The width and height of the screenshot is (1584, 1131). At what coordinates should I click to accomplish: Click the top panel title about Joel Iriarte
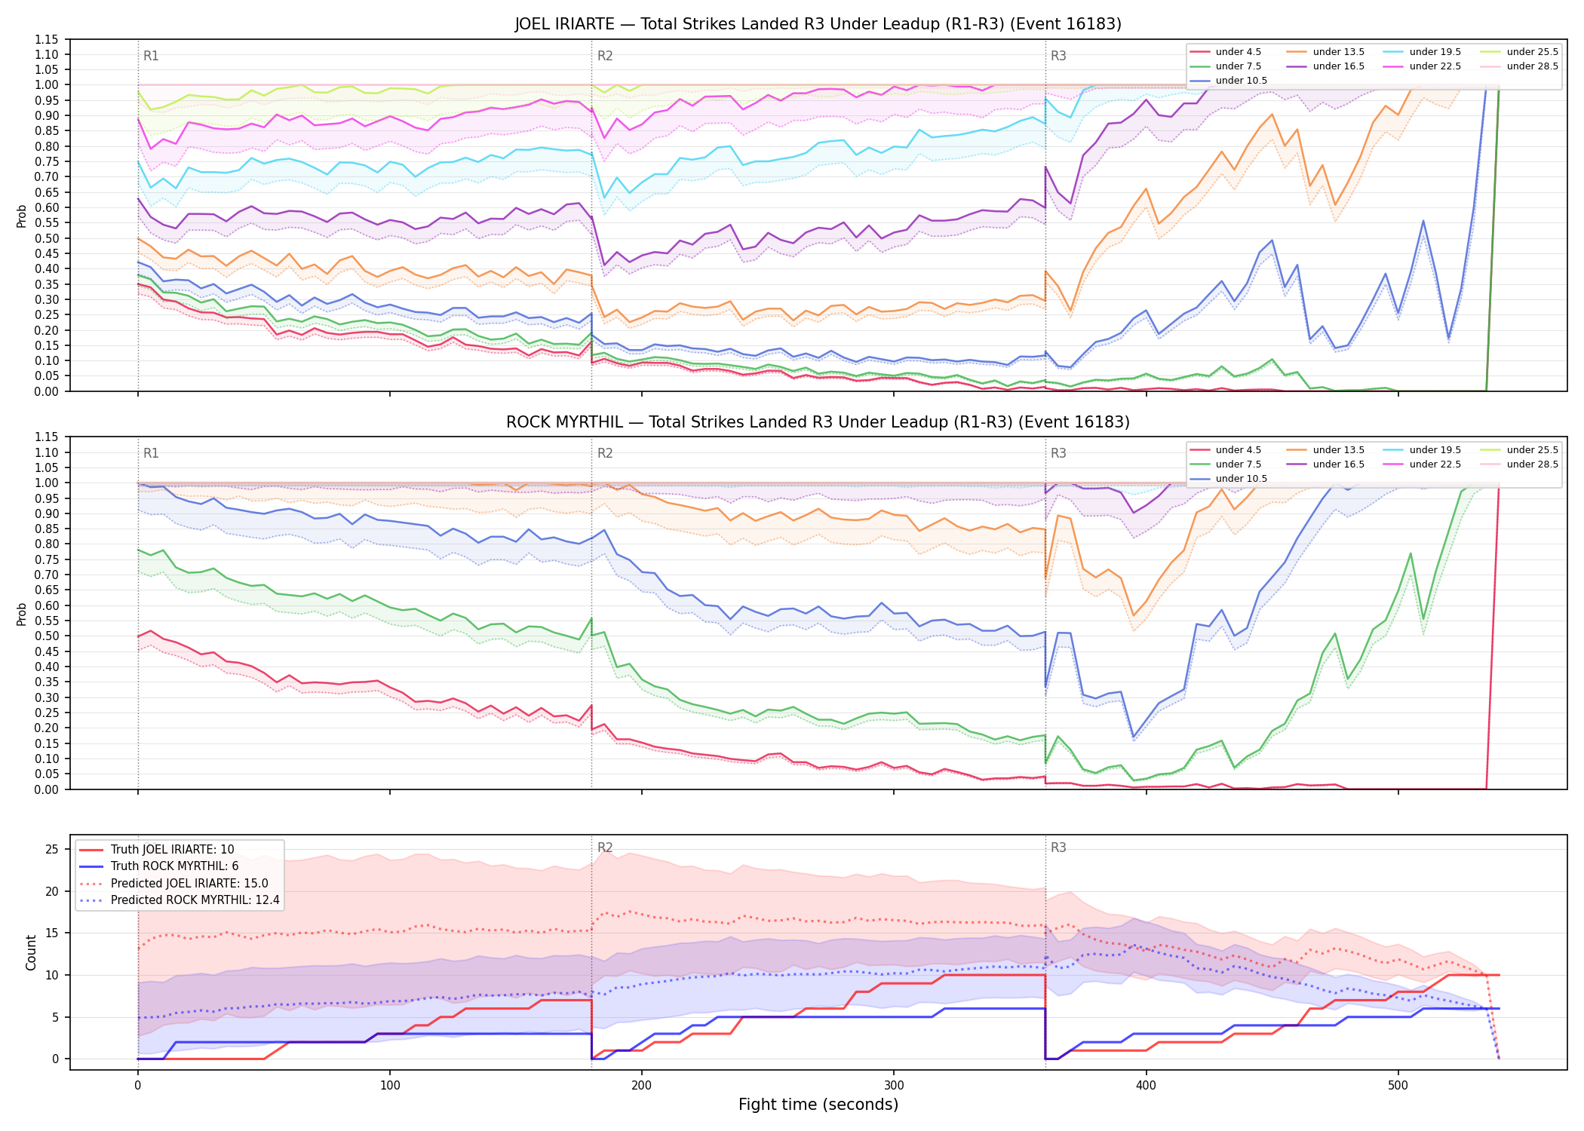(818, 24)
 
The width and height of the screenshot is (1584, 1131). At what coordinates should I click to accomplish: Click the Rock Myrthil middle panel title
(818, 422)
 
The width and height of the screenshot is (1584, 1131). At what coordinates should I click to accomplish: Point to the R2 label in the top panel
(605, 56)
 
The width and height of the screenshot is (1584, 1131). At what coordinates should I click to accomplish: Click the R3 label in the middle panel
(1058, 453)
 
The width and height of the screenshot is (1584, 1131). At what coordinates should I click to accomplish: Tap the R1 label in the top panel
(151, 56)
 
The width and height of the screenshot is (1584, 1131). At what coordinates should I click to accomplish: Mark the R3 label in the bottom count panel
(1058, 847)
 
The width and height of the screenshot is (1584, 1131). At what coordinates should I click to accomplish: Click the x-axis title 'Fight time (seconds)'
(818, 1105)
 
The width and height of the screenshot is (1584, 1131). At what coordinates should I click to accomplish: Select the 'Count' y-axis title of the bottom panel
(32, 953)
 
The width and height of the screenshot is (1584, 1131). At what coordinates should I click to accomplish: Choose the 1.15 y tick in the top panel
(47, 39)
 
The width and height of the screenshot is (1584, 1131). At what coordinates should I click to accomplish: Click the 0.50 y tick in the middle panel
(47, 636)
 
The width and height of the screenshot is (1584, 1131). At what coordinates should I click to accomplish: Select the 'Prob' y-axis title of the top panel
(22, 216)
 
